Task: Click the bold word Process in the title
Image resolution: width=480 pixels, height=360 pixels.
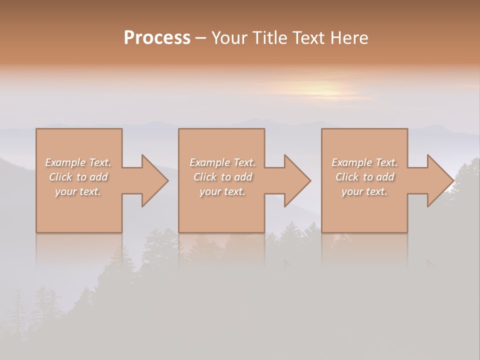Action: pyautogui.click(x=157, y=38)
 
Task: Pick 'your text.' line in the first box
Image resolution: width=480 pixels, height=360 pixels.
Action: pyautogui.click(x=78, y=191)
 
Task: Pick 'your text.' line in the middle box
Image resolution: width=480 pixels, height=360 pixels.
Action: pyautogui.click(x=222, y=191)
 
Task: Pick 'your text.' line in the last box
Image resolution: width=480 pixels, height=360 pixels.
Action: pyautogui.click(x=364, y=191)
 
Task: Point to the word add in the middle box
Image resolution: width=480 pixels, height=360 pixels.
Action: pyautogui.click(x=242, y=177)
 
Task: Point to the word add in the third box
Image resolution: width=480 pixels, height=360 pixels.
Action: pyautogui.click(x=384, y=177)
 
